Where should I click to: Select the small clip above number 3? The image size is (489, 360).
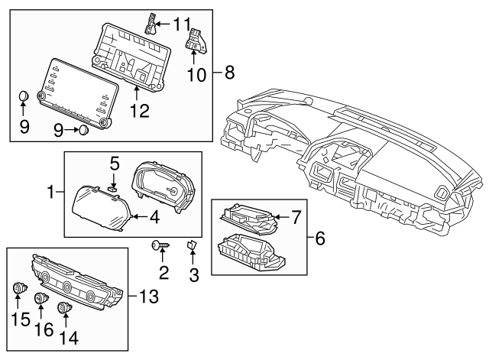pyautogui.click(x=192, y=245)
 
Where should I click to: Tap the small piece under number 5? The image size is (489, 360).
pyautogui.click(x=113, y=186)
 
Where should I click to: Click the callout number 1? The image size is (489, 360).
pyautogui.click(x=50, y=192)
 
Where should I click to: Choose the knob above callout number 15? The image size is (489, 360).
pyautogui.click(x=18, y=289)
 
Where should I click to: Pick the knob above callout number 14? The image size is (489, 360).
pyautogui.click(x=64, y=307)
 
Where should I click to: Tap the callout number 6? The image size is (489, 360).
pyautogui.click(x=321, y=239)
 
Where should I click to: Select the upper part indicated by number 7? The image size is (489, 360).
pyautogui.click(x=249, y=217)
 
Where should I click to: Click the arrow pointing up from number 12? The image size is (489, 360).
pyautogui.click(x=136, y=92)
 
